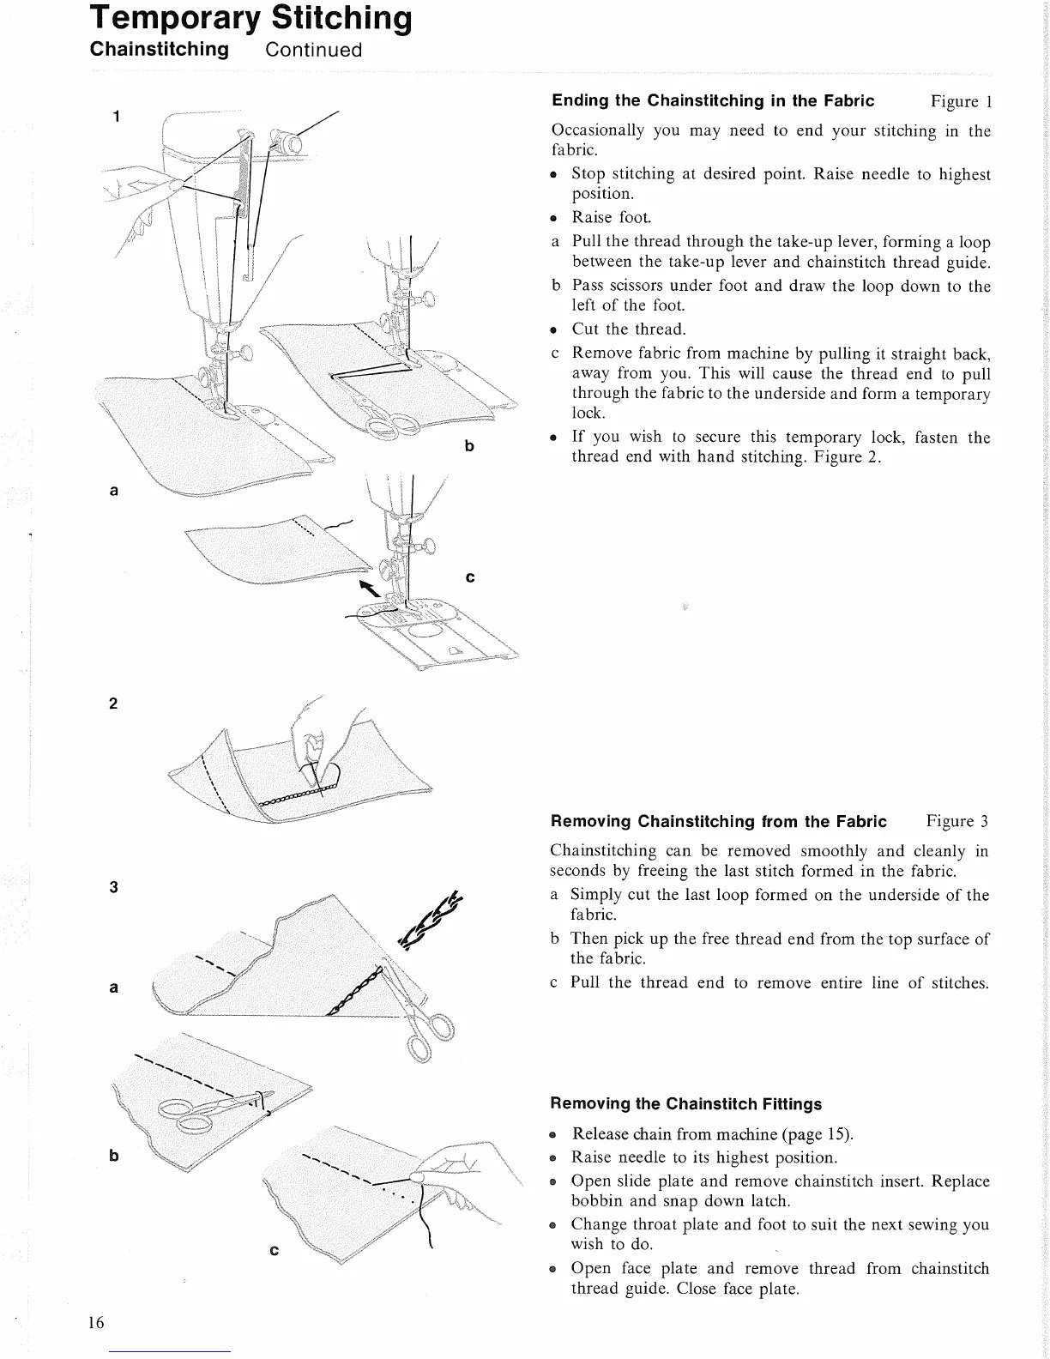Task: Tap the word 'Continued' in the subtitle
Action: (x=314, y=50)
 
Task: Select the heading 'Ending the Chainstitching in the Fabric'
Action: (x=713, y=101)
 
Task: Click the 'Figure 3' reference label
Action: (x=956, y=821)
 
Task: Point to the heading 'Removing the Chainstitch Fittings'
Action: (x=685, y=1104)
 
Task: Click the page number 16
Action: (x=95, y=1322)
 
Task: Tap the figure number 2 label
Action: (x=113, y=704)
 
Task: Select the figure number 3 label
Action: (x=113, y=887)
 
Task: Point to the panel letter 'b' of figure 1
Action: (x=469, y=446)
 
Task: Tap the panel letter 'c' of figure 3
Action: (x=274, y=1251)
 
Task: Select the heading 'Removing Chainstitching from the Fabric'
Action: (x=718, y=821)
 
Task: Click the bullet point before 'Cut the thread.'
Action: (x=555, y=329)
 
